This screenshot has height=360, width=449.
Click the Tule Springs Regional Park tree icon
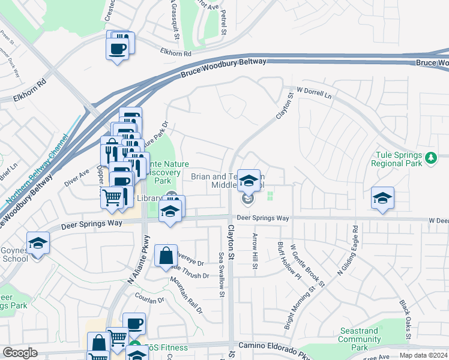point(430,158)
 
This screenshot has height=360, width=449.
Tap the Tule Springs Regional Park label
point(397,159)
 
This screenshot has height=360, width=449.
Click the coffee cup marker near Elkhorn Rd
point(118,49)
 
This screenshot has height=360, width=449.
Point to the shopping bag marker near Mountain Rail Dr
point(166,256)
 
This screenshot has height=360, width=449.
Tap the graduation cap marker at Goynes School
point(38,243)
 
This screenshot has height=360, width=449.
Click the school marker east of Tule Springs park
point(382,198)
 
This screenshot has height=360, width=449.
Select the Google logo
point(20,353)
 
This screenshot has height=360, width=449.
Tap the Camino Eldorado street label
point(265,346)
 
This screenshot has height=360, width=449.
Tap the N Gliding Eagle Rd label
point(348,251)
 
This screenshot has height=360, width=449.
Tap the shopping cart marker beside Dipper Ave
point(112,197)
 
